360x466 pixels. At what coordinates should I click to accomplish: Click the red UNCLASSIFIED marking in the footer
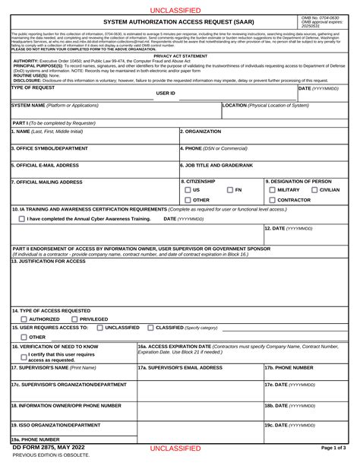pyautogui.click(x=175, y=449)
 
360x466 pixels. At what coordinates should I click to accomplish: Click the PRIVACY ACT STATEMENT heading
pyautogui.click(x=180, y=56)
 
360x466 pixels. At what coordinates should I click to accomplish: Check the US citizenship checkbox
pyautogui.click(x=188, y=189)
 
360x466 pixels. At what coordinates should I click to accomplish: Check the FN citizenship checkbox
pyautogui.click(x=229, y=189)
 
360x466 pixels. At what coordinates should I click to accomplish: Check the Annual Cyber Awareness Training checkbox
pyautogui.click(x=21, y=219)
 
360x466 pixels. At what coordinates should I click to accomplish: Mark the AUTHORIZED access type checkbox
pyautogui.click(x=24, y=319)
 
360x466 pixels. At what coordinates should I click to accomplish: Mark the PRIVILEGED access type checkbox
pyautogui.click(x=74, y=319)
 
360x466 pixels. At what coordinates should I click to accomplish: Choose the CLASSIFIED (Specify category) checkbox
pyautogui.click(x=150, y=328)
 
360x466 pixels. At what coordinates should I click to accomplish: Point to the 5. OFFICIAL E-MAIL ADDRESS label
pyautogui.click(x=45, y=165)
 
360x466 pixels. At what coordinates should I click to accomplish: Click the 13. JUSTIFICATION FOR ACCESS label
pyautogui.click(x=49, y=261)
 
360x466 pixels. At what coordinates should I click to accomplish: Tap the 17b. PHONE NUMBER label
pyautogui.click(x=289, y=367)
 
